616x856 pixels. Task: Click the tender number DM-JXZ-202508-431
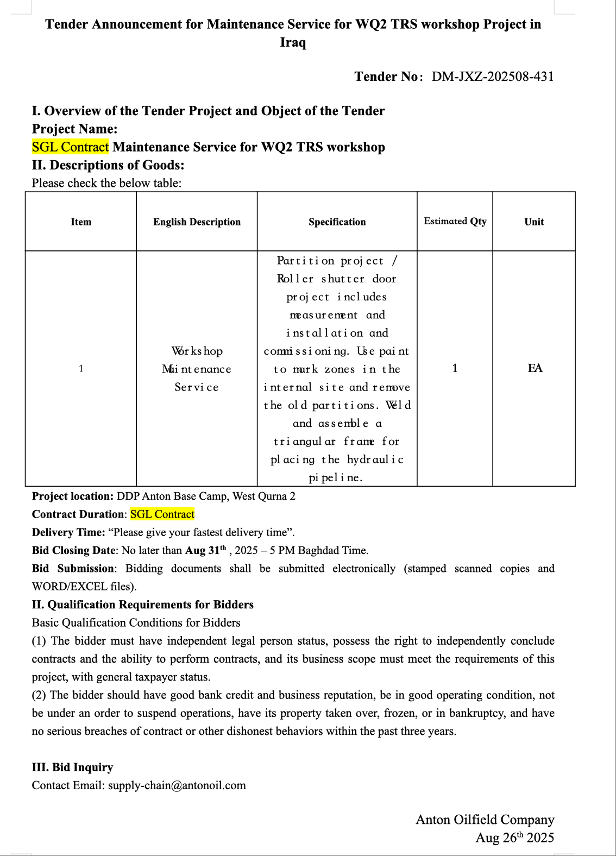493,77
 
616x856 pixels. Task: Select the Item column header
81,222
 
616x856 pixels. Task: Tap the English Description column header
197,222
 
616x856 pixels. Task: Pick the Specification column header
337,222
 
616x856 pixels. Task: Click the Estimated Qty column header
455,221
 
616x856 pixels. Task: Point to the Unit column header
534,222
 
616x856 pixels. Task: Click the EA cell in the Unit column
535,368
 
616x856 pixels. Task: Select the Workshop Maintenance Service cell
197,369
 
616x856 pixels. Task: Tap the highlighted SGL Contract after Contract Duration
162,514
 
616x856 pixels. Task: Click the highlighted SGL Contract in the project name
71,147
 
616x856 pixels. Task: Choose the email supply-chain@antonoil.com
177,785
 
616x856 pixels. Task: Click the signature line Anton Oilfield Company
485,820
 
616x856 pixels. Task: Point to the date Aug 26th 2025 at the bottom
514,838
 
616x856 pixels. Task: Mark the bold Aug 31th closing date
205,550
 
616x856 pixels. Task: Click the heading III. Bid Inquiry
72,767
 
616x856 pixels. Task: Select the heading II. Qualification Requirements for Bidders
143,605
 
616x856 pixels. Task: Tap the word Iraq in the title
293,42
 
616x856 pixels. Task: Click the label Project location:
73,496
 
